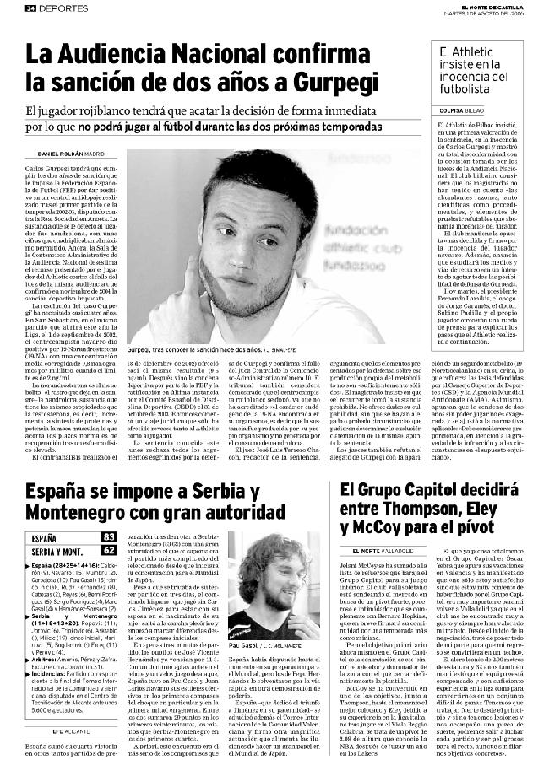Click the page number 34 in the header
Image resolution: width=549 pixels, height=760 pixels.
[30, 8]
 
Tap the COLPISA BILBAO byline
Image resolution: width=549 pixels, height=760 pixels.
[464, 110]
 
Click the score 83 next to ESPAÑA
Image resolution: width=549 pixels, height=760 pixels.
[108, 537]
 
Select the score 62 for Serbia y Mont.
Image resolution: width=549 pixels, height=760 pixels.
[108, 550]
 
